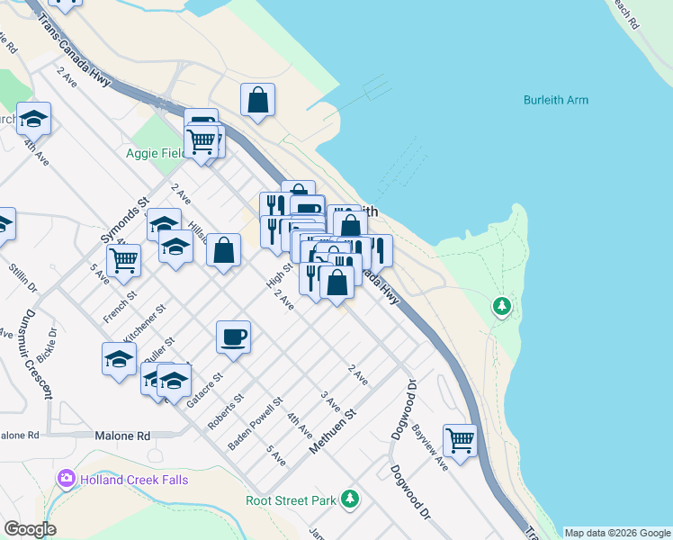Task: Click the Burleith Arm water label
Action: point(555,100)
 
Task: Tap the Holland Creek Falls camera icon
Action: point(66,479)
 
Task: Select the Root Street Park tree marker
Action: point(351,499)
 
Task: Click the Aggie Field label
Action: point(156,154)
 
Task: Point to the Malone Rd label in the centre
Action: point(121,436)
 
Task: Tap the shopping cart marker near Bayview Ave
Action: point(460,440)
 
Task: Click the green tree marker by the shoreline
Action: point(502,307)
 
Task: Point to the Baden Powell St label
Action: point(256,425)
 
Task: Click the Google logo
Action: point(30,529)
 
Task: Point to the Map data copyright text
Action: point(617,533)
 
